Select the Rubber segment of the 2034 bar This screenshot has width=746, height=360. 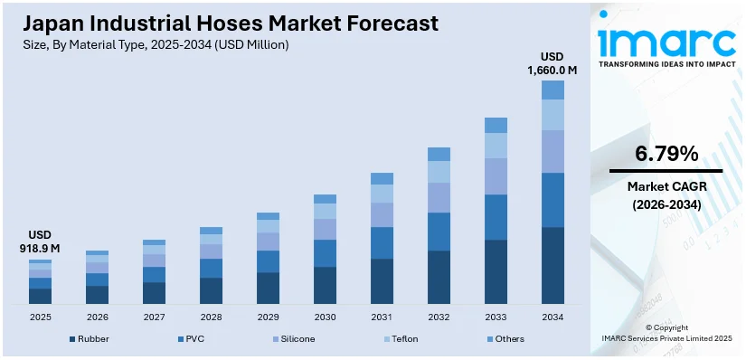pyautogui.click(x=552, y=265)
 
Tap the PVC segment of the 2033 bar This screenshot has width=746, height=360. pyautogui.click(x=496, y=217)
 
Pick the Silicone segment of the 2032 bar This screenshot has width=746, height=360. pyautogui.click(x=439, y=197)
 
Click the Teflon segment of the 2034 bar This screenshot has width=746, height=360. pyautogui.click(x=552, y=115)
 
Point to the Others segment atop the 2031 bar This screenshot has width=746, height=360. pyautogui.click(x=382, y=178)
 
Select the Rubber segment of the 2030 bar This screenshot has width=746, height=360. pyautogui.click(x=325, y=285)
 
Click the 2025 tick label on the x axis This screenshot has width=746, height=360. pyautogui.click(x=40, y=317)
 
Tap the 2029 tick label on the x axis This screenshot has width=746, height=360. pyautogui.click(x=268, y=317)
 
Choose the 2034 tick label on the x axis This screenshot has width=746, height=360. pyautogui.click(x=552, y=317)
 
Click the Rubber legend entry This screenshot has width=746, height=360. pyautogui.click(x=88, y=339)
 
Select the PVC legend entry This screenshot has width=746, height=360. pyautogui.click(x=192, y=339)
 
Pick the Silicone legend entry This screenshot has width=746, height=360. pyautogui.click(x=297, y=339)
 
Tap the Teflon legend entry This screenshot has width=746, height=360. pyautogui.click(x=402, y=339)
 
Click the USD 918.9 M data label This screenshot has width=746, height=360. pyautogui.click(x=40, y=242)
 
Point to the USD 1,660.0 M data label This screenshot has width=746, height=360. pyautogui.click(x=552, y=62)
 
